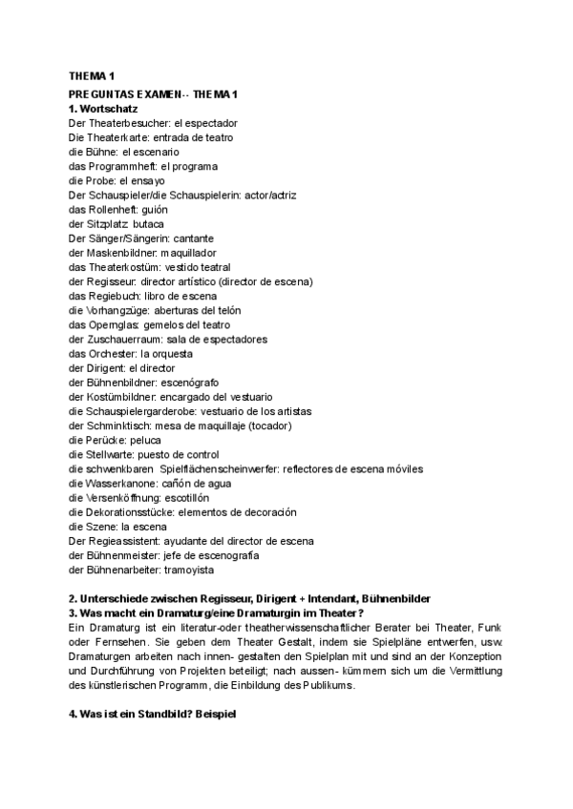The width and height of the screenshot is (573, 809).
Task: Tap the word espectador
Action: [x=207, y=123]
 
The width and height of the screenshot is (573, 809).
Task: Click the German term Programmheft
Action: [x=121, y=166]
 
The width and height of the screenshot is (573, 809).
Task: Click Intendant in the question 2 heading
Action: [x=307, y=598]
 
